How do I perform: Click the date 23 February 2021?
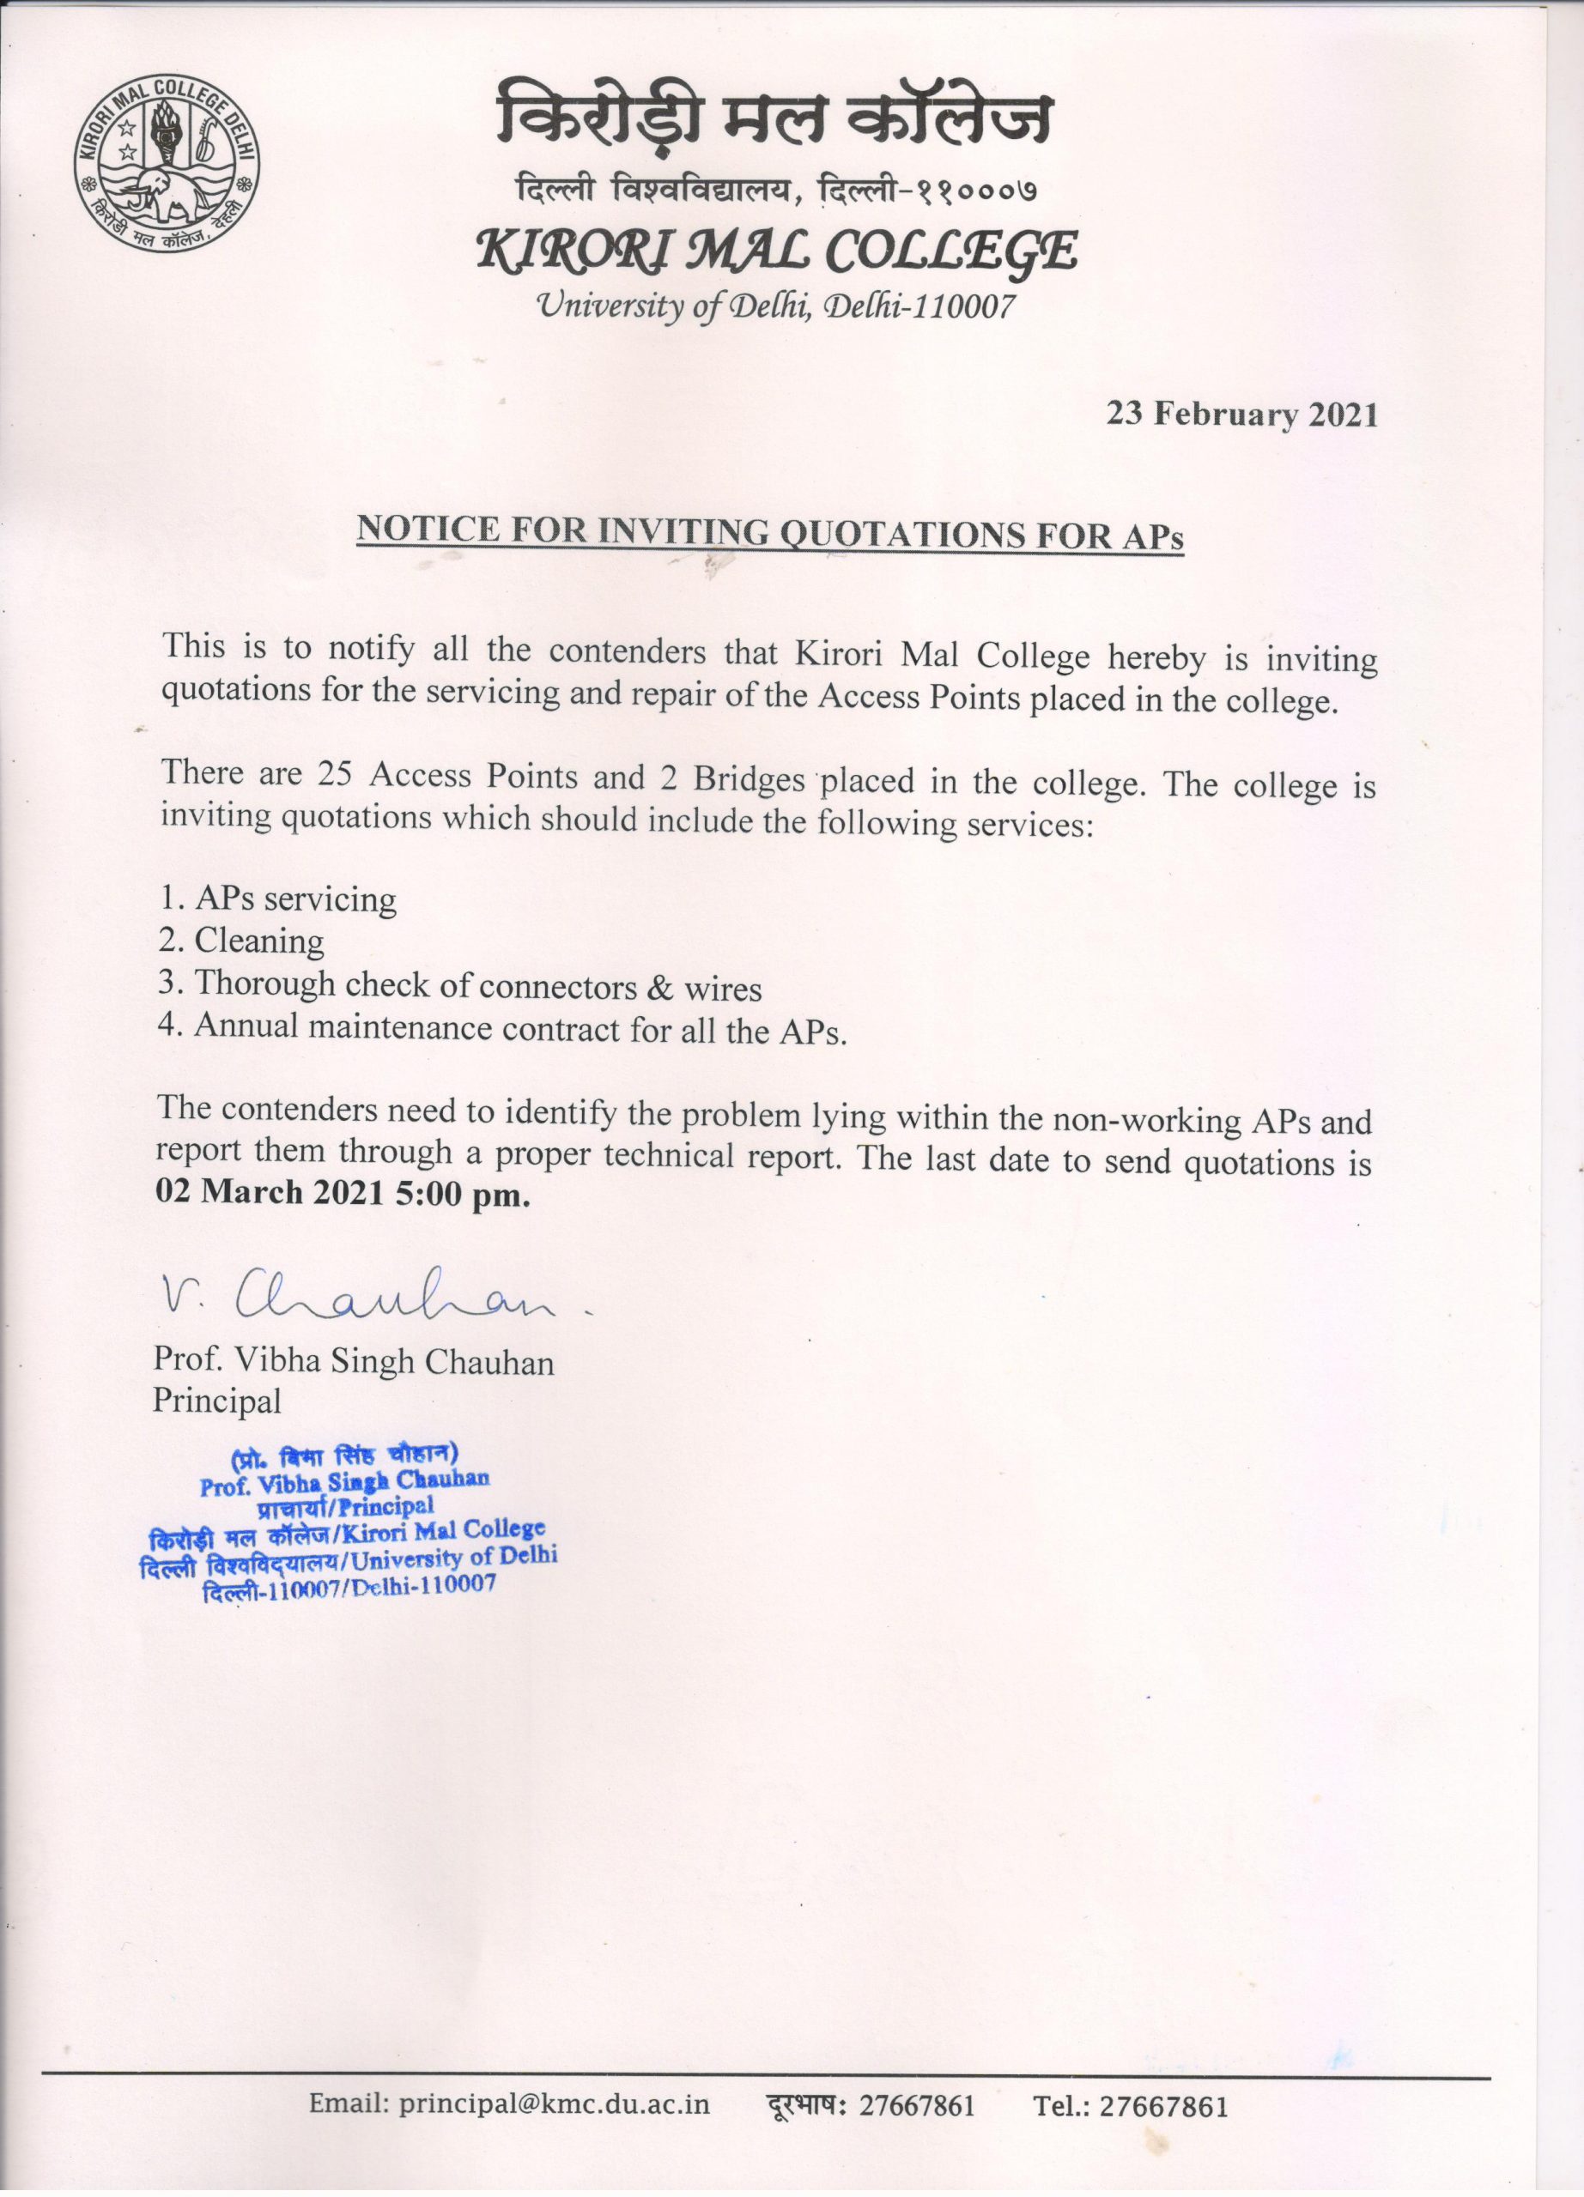pos(1242,415)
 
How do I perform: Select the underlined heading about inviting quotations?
pos(770,534)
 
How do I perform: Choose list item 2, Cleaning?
pos(242,941)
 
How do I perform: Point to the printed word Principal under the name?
pos(217,1401)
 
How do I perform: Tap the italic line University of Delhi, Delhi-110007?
pos(775,308)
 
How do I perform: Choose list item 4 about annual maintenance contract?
pos(502,1030)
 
